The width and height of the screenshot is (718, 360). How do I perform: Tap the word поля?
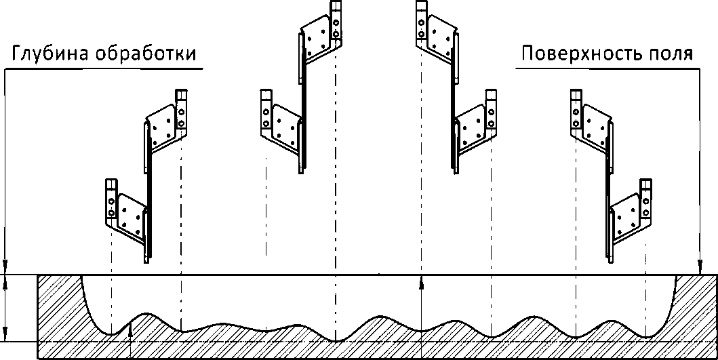pos(670,54)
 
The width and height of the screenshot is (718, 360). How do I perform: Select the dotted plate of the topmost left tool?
pos(319,38)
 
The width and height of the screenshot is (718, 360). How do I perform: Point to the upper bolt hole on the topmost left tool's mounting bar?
pos(337,18)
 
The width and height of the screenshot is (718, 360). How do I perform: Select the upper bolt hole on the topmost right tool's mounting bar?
pos(422,18)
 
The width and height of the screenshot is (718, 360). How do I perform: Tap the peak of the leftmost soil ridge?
pos(143,314)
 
